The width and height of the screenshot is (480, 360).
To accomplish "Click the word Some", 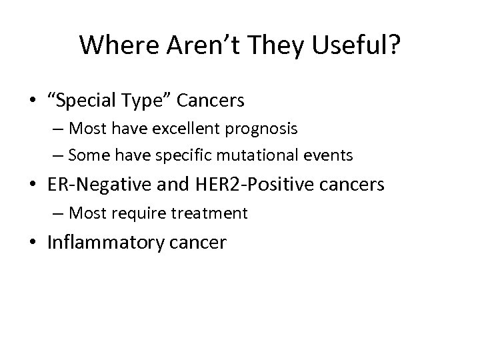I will pyautogui.click(x=89, y=155).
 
